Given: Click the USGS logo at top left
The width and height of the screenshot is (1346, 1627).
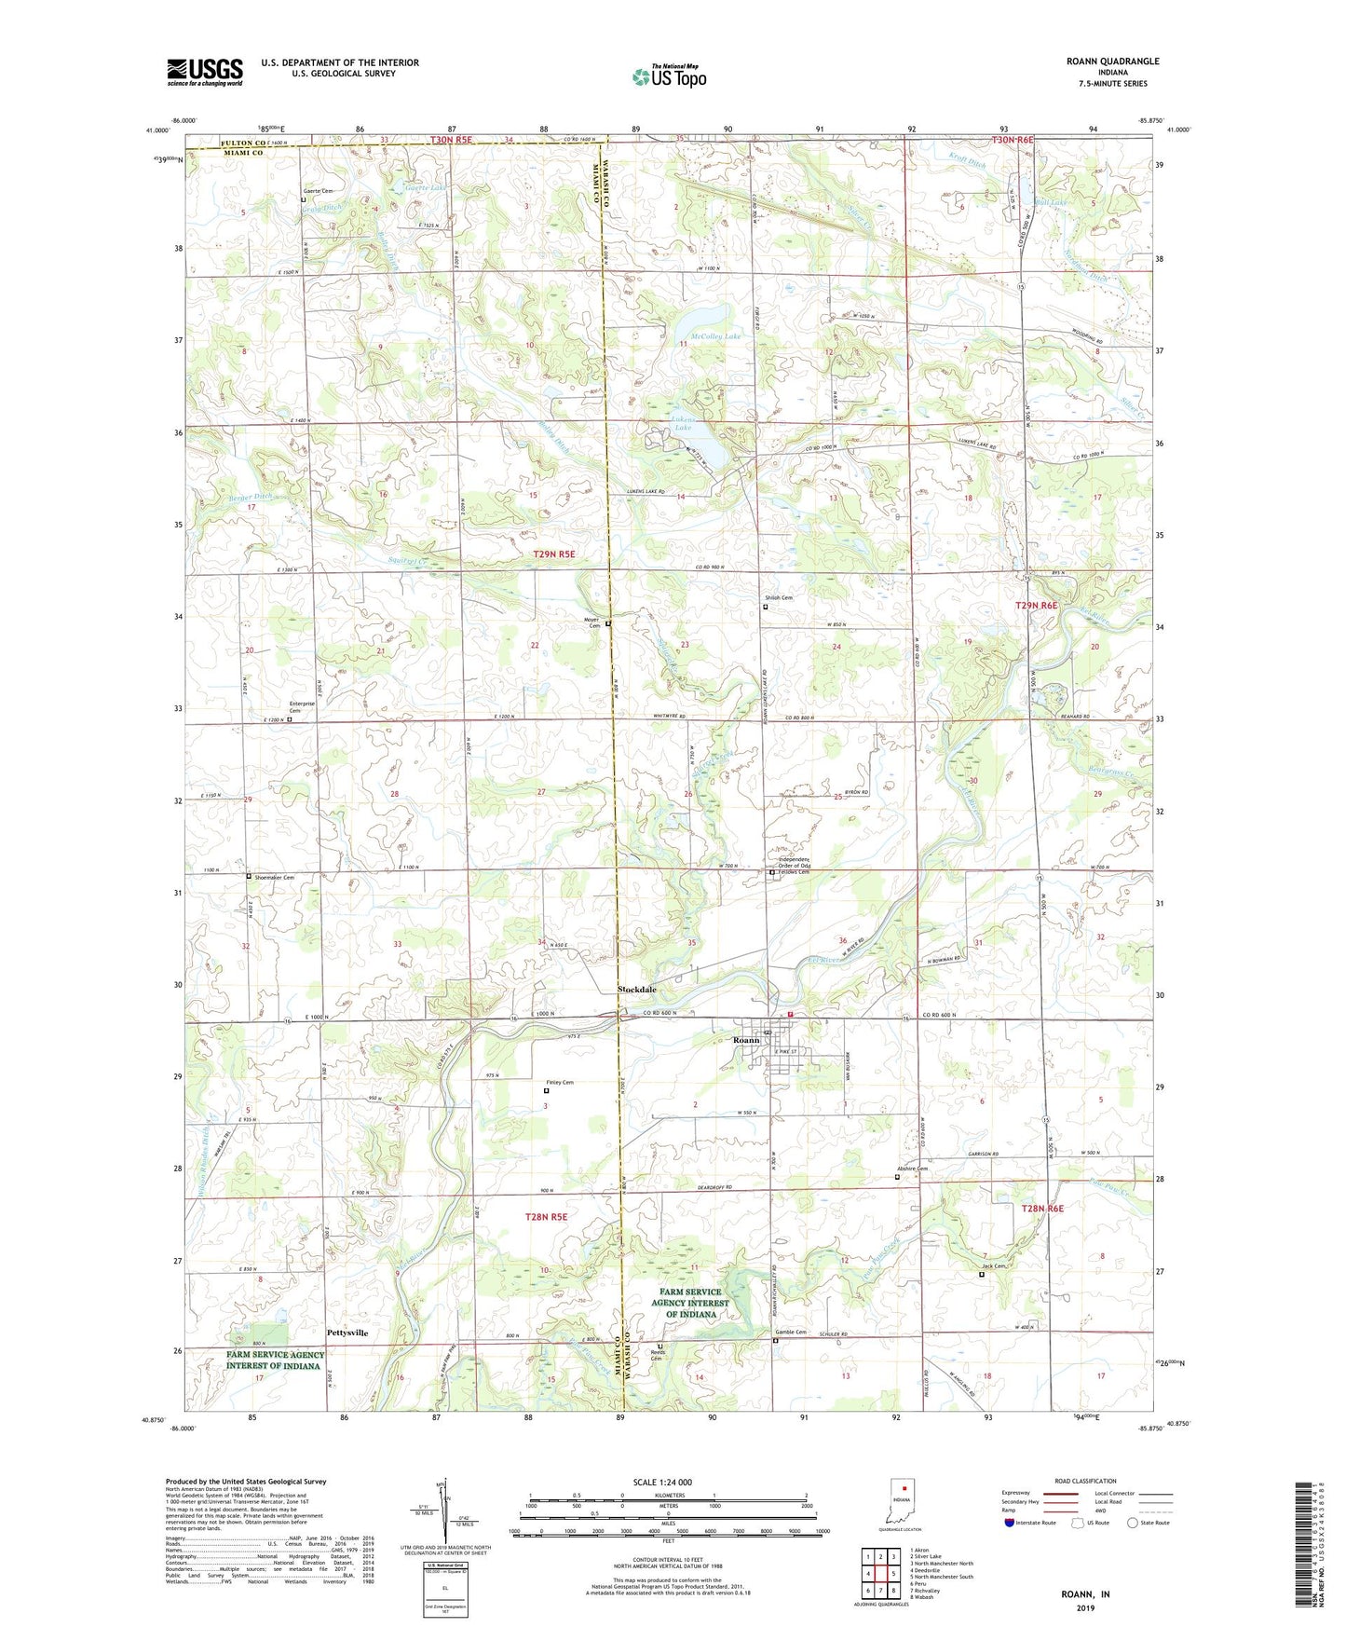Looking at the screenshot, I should pyautogui.click(x=204, y=72).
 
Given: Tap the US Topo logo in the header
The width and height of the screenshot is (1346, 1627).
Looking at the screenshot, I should pyautogui.click(x=670, y=76).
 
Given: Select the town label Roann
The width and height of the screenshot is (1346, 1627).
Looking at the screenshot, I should pyautogui.click(x=746, y=1040).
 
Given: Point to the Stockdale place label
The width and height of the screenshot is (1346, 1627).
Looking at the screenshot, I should pyautogui.click(x=637, y=990).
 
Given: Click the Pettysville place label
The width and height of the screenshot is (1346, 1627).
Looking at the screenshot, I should pyautogui.click(x=347, y=1333).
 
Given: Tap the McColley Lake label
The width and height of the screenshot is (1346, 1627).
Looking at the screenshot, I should pyautogui.click(x=715, y=335).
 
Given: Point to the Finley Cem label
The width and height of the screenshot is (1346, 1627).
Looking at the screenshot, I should pyautogui.click(x=559, y=1082).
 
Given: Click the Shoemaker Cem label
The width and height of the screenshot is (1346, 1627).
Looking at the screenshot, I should pyautogui.click(x=276, y=877).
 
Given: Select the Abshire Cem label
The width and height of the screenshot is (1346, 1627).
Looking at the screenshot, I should pyautogui.click(x=912, y=1169).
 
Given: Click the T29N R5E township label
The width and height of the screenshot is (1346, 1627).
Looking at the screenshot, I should pyautogui.click(x=554, y=554).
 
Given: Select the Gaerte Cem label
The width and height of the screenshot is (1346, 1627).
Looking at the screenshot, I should pyautogui.click(x=317, y=190).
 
